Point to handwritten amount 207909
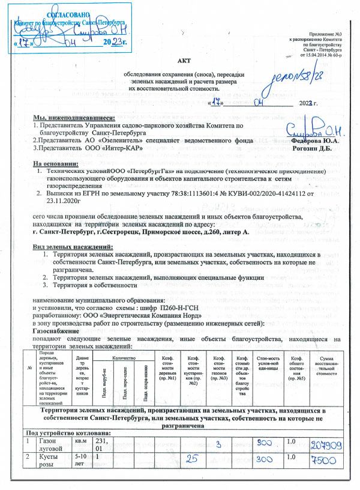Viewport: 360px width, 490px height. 326,461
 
